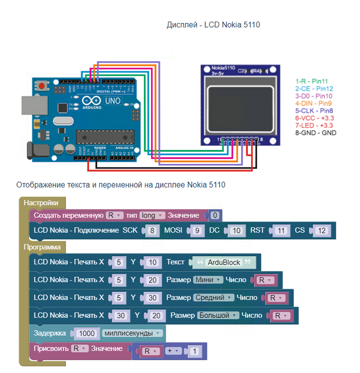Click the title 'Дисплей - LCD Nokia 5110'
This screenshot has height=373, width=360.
tap(213, 25)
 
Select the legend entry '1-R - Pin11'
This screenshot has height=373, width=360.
tap(312, 81)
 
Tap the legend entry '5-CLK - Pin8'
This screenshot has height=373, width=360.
tap(315, 110)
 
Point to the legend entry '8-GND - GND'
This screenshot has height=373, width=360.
tap(315, 132)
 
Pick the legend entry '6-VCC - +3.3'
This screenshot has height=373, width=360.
tap(315, 118)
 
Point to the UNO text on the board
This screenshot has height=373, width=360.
tap(113, 101)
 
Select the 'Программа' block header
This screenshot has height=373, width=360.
tap(42, 247)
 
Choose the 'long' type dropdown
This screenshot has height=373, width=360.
tap(152, 215)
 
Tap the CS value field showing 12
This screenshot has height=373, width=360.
tap(321, 231)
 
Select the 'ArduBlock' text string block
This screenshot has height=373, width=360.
tap(224, 262)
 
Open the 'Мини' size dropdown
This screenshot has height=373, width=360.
tap(208, 280)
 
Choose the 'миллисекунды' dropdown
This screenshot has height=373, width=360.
tap(133, 333)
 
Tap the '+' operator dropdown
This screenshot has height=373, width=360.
tap(172, 351)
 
